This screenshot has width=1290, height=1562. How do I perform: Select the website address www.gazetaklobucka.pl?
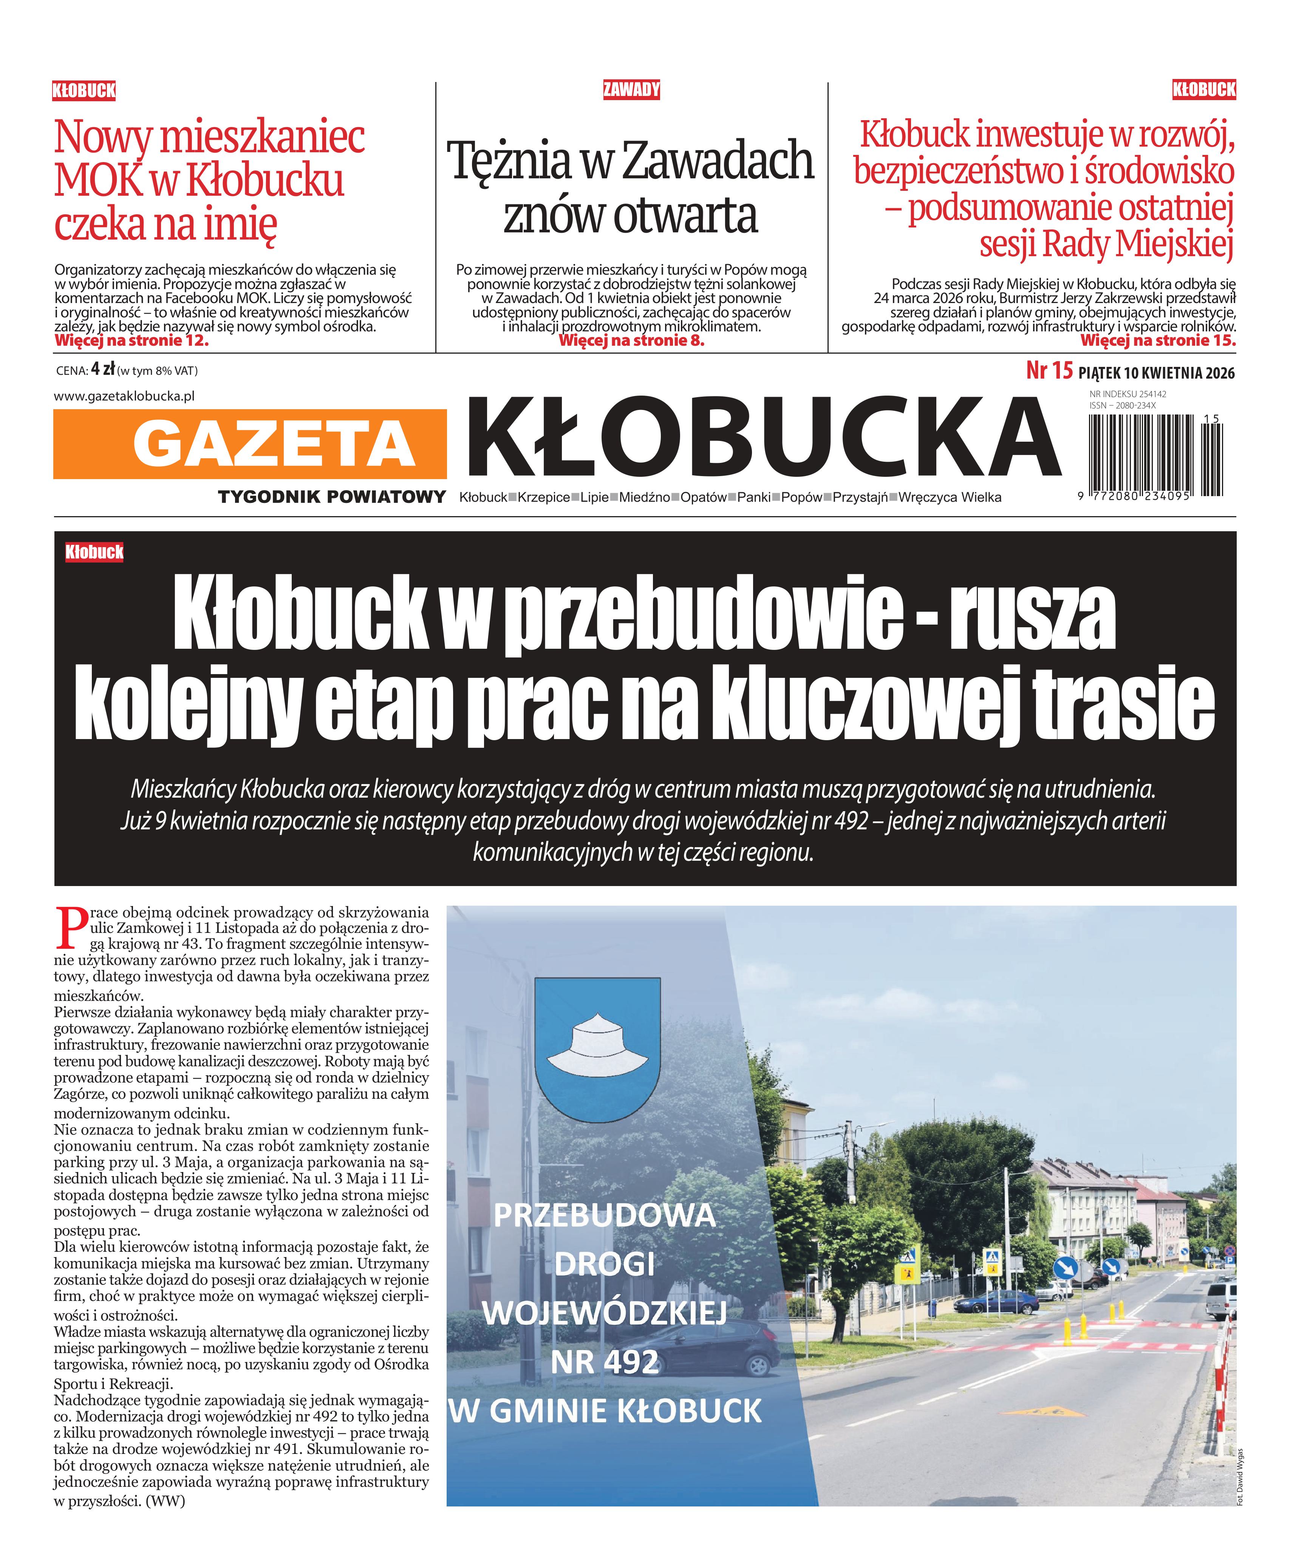[x=124, y=396]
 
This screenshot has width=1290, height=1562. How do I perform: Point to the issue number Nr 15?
[x=1049, y=371]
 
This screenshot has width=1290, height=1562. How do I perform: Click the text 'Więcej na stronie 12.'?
[x=131, y=341]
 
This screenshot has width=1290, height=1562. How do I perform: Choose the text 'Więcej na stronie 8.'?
[x=631, y=341]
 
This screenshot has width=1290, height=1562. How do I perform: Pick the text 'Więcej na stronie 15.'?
[x=1158, y=341]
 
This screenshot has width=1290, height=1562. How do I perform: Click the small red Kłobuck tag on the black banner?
[x=94, y=552]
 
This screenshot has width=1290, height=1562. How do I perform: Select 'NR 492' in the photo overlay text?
[x=604, y=1361]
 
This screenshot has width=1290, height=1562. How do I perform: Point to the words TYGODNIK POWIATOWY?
[x=331, y=497]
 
